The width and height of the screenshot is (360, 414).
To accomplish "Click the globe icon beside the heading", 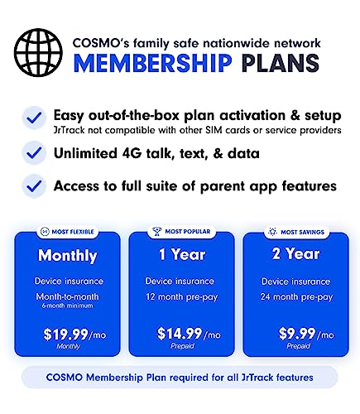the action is [x=38, y=52].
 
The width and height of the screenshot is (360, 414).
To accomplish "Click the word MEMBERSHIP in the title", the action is [x=153, y=63].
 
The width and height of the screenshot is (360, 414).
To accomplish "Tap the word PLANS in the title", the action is [x=281, y=63].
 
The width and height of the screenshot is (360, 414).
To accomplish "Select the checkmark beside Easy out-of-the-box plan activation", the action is [x=34, y=118].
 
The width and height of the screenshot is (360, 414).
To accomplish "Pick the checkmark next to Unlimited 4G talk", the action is [x=34, y=152].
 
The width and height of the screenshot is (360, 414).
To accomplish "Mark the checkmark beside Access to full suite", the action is [x=34, y=186].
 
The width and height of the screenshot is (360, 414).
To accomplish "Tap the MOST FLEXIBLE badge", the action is [x=67, y=232].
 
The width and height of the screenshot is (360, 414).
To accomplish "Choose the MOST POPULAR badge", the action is [x=182, y=231].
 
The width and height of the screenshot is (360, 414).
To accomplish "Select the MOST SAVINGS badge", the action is [x=297, y=232].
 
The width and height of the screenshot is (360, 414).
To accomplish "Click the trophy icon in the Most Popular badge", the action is [x=157, y=231].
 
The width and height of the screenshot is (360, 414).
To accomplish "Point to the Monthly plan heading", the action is [x=68, y=256].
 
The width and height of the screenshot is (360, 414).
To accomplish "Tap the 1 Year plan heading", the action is [x=182, y=254].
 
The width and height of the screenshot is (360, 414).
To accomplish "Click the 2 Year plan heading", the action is [x=295, y=253].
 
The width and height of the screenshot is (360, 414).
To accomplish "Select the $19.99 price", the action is [x=65, y=335].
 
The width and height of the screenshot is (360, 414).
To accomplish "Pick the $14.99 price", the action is [x=180, y=334].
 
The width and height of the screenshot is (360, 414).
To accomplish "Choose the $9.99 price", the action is [x=297, y=334].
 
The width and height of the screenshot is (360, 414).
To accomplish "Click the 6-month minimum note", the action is [x=67, y=306].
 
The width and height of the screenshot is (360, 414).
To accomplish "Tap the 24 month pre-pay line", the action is [x=296, y=297].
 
